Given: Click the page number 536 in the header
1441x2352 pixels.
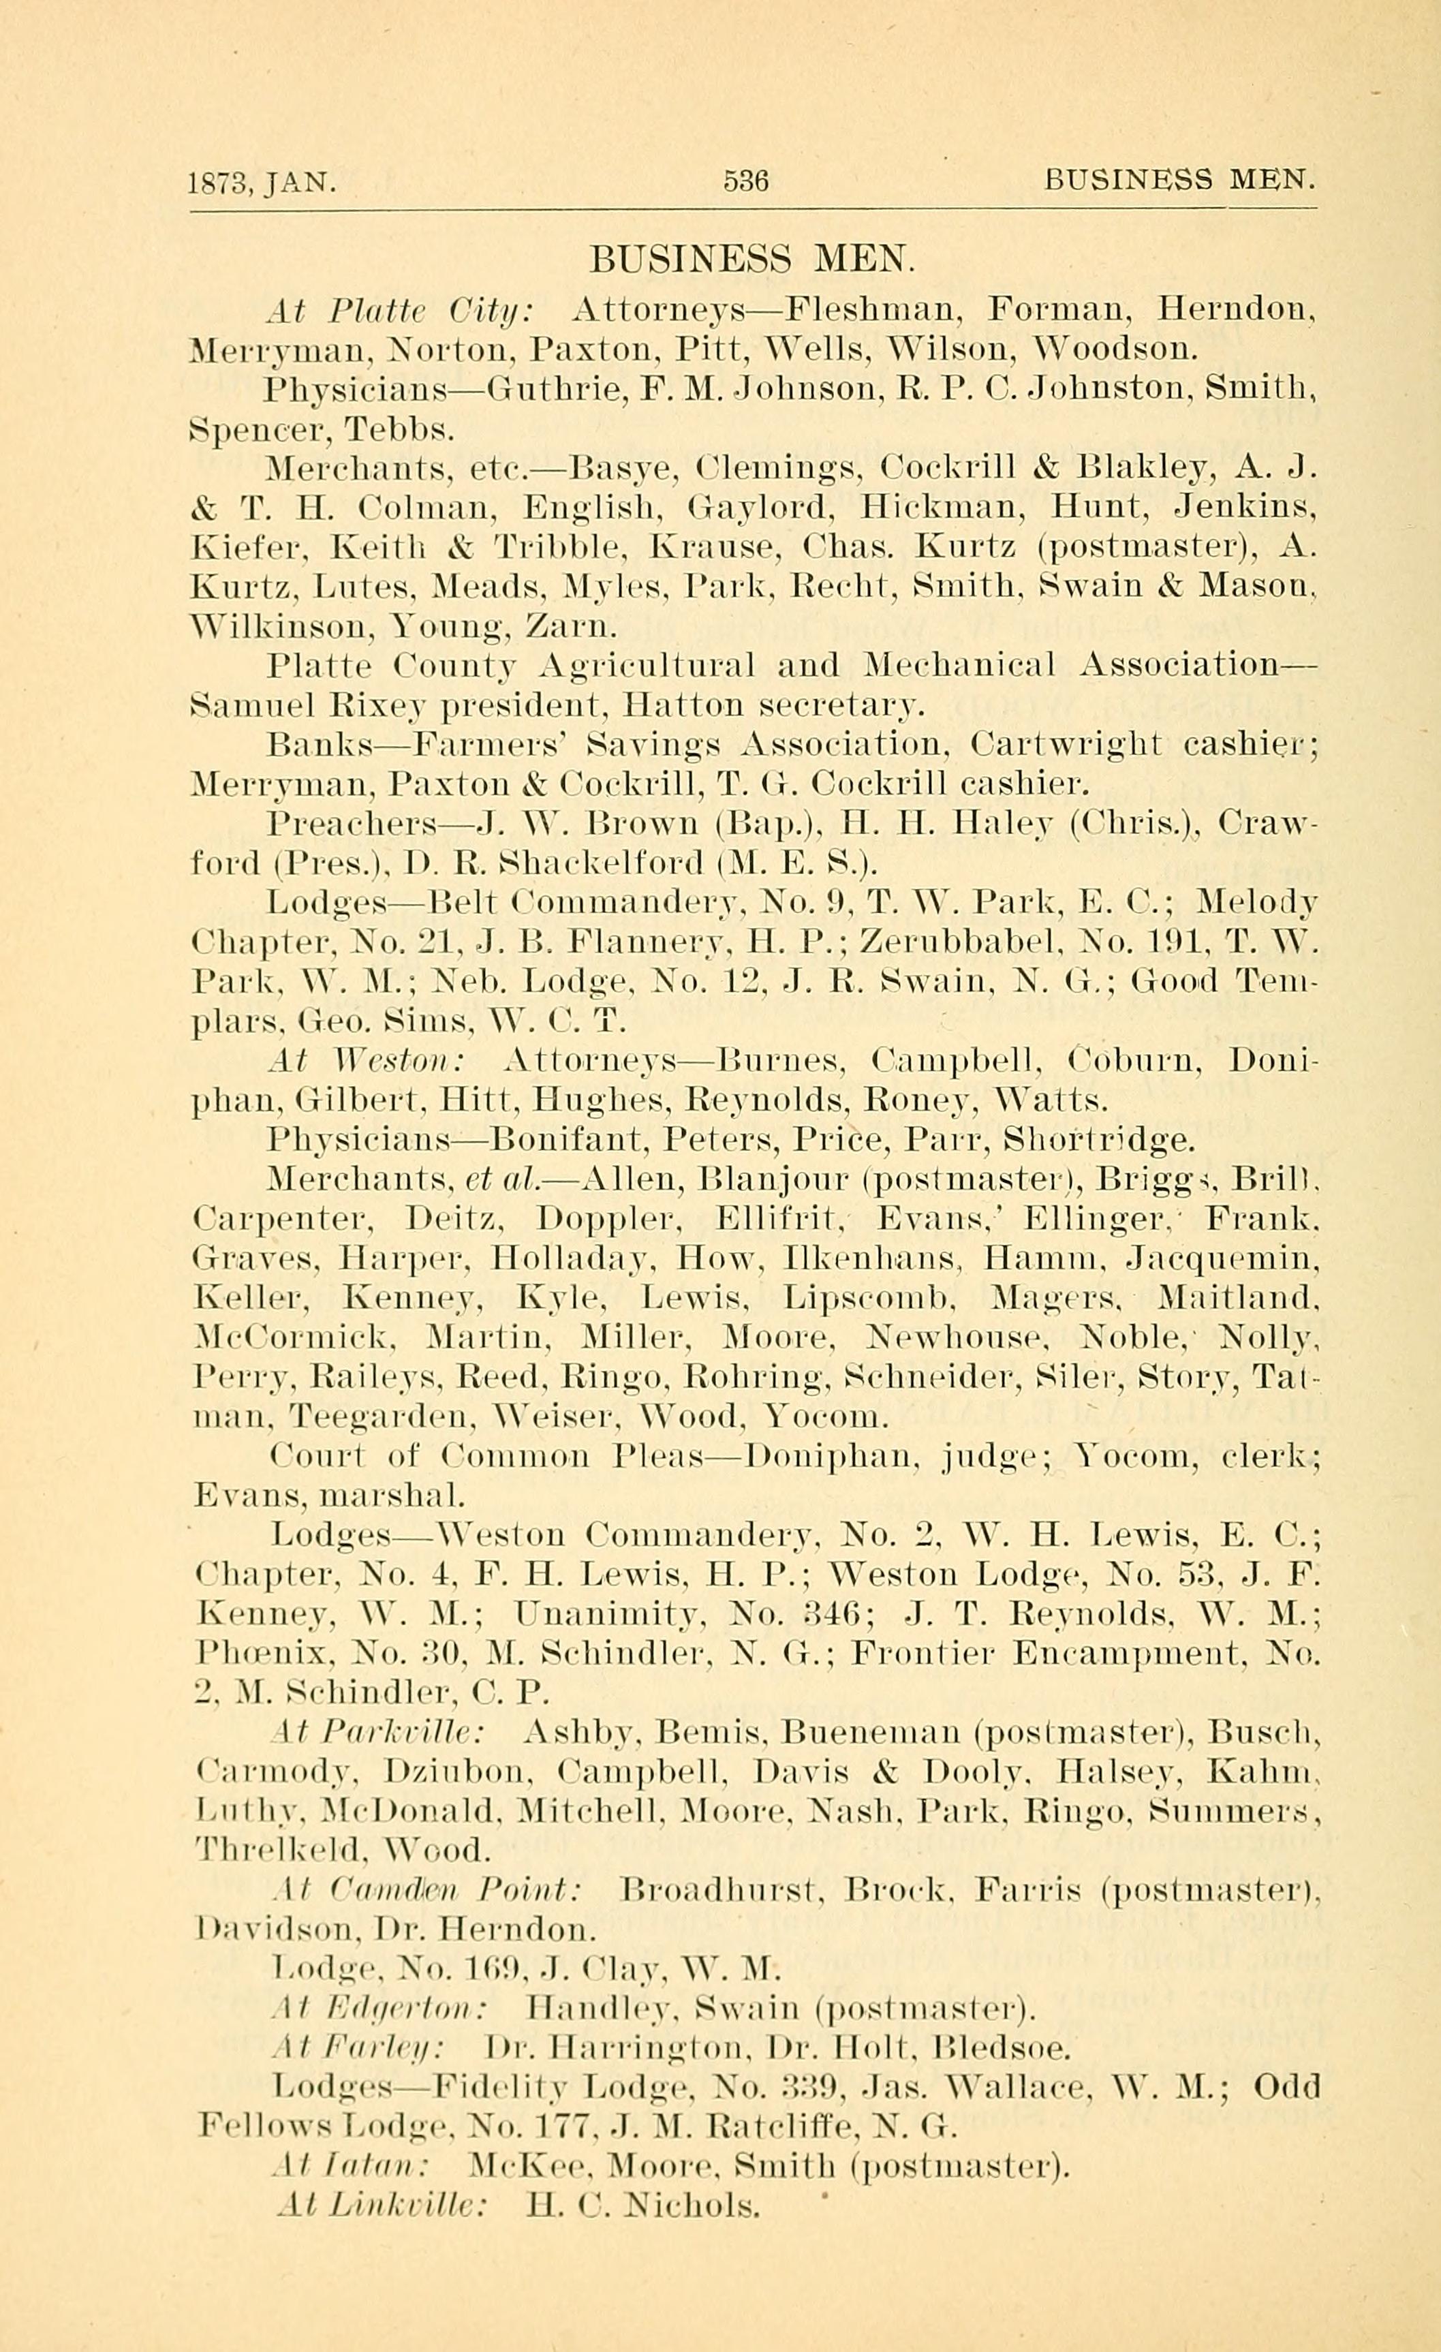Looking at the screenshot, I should (745, 181).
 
